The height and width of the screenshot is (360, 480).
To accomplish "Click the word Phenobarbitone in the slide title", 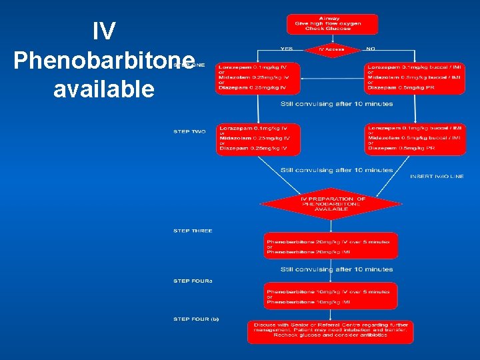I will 103,60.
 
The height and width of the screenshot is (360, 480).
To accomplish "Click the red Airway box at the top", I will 332,24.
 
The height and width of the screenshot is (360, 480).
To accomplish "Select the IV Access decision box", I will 331,49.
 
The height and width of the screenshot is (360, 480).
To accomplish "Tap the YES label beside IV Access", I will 286,49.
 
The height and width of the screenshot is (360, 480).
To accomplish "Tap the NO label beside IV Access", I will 371,49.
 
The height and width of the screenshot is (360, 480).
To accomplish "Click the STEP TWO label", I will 190,132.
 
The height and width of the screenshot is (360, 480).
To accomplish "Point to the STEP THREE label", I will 193,231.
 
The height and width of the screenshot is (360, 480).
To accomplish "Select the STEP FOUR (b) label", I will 196,319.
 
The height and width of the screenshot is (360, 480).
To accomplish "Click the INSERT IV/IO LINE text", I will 437,177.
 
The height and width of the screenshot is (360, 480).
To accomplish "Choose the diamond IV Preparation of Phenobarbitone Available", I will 332,203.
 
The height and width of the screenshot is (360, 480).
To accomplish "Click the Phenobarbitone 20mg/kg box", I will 331,246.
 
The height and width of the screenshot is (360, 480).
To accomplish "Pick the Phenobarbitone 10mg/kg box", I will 331,295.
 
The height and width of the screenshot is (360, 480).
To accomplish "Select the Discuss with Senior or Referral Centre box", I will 331,331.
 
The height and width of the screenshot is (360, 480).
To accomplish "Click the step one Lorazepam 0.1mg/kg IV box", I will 258,78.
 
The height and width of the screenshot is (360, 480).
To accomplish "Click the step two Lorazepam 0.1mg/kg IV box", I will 258,139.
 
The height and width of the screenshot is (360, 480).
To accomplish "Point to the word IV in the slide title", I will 103,30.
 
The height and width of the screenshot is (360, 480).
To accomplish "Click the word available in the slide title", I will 103,89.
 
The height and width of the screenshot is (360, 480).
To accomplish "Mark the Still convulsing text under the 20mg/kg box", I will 337,269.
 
